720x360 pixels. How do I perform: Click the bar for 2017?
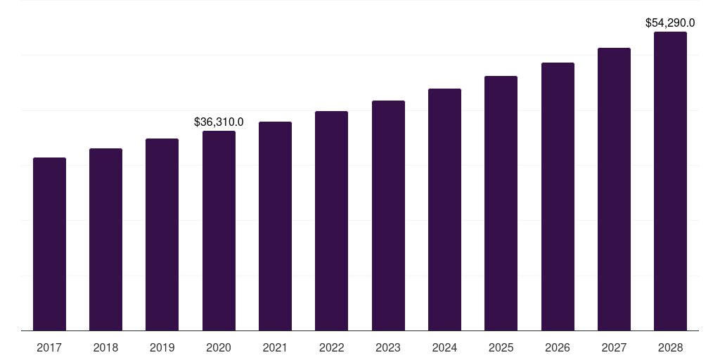click(x=49, y=244)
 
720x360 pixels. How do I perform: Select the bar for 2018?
click(x=105, y=239)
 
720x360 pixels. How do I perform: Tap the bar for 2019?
click(x=162, y=234)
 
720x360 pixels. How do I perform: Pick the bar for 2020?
click(x=219, y=231)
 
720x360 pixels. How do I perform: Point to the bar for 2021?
click(x=275, y=226)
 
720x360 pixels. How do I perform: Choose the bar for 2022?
click(x=331, y=221)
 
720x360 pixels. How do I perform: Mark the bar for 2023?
click(x=388, y=215)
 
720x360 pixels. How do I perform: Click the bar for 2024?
click(x=444, y=210)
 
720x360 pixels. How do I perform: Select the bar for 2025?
click(x=501, y=203)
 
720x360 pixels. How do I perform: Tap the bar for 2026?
click(x=558, y=196)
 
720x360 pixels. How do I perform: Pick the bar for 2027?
click(x=614, y=189)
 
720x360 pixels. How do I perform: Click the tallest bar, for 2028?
click(x=670, y=181)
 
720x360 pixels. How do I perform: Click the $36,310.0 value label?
click(x=219, y=122)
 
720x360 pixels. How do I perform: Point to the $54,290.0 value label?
click(x=670, y=23)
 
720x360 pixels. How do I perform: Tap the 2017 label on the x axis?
click(x=49, y=347)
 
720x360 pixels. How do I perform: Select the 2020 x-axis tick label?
click(x=219, y=347)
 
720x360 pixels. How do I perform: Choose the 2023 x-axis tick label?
click(x=388, y=347)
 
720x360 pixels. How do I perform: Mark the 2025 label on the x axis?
click(x=501, y=347)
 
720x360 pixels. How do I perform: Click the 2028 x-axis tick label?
click(x=670, y=347)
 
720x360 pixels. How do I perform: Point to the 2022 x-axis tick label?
click(x=331, y=347)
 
